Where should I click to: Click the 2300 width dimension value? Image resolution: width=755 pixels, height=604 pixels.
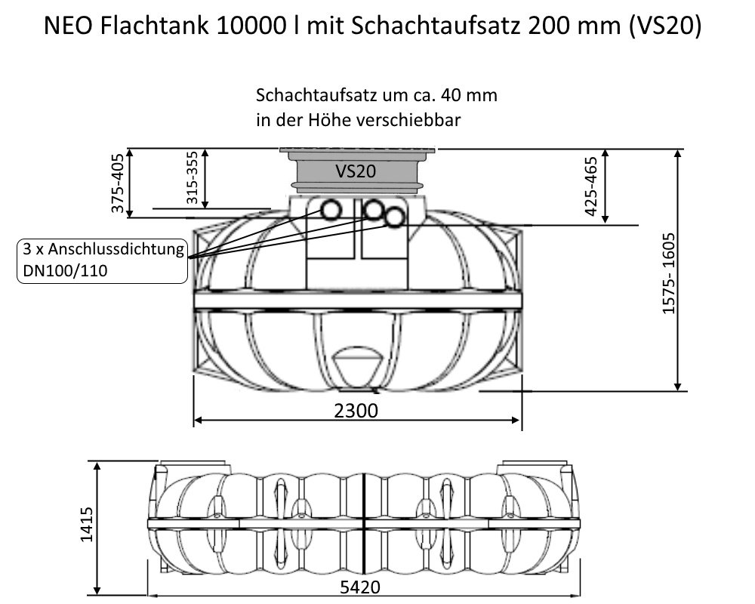(356, 411)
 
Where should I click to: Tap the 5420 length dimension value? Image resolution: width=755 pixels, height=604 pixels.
(360, 587)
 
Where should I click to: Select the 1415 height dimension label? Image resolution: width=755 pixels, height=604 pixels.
(87, 525)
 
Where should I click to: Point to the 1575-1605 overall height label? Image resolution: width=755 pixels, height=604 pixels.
(668, 273)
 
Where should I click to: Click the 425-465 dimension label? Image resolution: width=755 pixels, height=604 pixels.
(590, 186)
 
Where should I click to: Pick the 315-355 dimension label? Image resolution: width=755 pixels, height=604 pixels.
(192, 177)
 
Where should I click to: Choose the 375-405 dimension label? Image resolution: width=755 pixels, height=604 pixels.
(118, 183)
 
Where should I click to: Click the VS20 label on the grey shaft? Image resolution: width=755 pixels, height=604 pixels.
(356, 171)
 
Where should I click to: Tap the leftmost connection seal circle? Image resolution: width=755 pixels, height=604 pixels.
(331, 211)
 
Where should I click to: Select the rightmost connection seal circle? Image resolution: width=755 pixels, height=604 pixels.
(395, 217)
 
